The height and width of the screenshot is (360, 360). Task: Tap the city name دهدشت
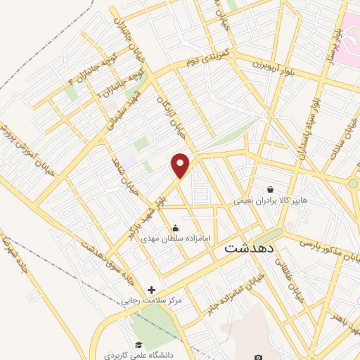click(252, 248)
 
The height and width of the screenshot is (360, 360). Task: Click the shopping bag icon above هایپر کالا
click(271, 188)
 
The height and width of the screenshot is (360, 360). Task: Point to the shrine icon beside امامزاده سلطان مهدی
click(174, 227)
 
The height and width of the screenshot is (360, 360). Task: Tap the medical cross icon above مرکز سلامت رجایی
click(151, 289)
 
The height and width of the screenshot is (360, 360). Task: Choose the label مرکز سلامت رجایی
click(151, 301)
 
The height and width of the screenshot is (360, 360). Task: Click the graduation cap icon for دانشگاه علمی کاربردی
click(139, 344)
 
